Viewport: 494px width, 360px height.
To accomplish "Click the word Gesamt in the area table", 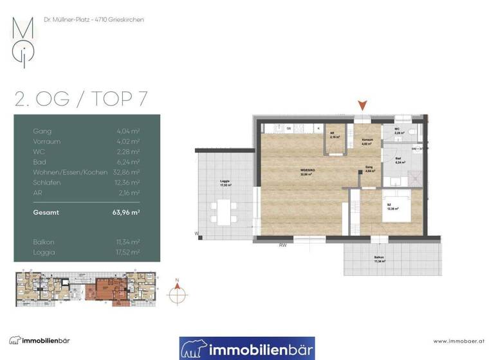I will [x=46, y=212].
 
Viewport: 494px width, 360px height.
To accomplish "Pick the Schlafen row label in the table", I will [x=46, y=183].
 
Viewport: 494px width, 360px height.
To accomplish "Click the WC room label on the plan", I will [x=397, y=130].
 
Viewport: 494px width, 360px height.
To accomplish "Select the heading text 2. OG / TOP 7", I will [x=81, y=98].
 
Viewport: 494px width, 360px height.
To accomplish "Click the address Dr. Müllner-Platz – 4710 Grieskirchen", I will [x=93, y=20].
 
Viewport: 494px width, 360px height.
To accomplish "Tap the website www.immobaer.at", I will [x=458, y=341].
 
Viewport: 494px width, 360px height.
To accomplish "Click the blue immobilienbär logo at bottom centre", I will [x=246, y=348].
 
